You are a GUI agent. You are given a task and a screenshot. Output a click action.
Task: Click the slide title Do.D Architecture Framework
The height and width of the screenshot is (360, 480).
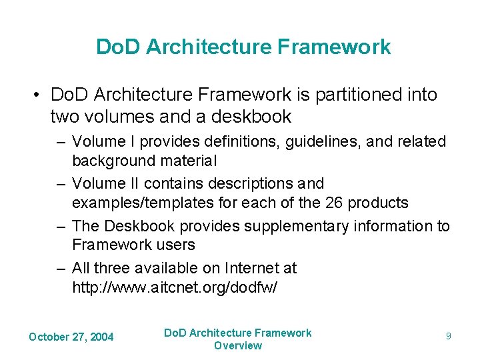click(243, 47)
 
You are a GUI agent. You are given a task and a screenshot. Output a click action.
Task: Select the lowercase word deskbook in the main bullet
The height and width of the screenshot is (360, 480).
click(256, 117)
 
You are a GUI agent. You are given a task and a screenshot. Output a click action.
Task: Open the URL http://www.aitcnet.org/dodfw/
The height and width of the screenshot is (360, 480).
click(175, 287)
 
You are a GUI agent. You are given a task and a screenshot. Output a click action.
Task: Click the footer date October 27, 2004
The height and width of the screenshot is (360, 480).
click(71, 337)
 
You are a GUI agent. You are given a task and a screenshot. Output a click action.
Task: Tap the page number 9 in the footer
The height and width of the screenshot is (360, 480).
click(449, 337)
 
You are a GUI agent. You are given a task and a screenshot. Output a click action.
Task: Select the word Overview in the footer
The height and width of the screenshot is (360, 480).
click(238, 345)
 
